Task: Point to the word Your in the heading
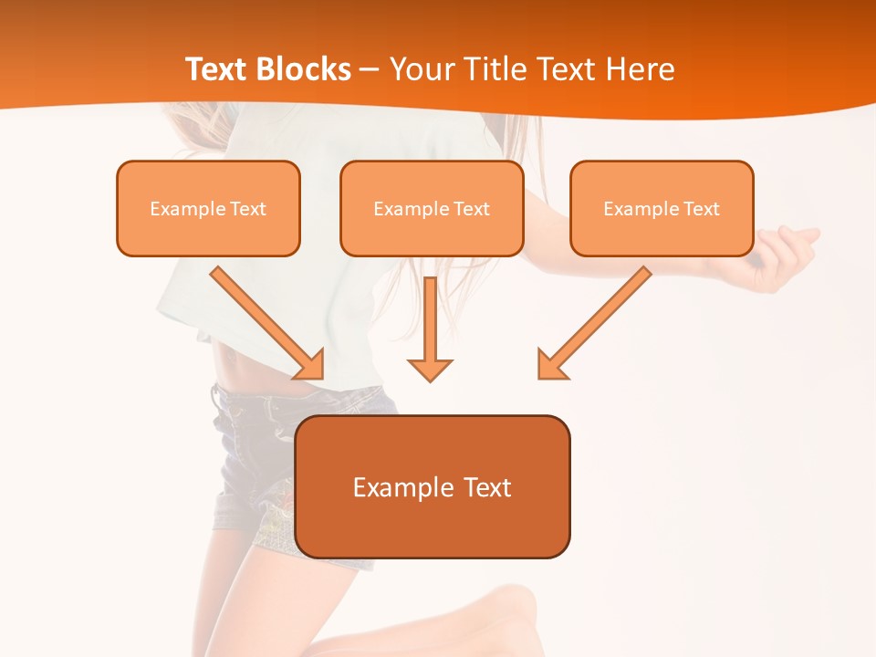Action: pyautogui.click(x=421, y=69)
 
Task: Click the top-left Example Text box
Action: pyautogui.click(x=208, y=208)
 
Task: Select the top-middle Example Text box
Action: pyautogui.click(x=432, y=208)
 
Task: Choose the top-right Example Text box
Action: pyautogui.click(x=662, y=208)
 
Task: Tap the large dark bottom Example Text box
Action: pyautogui.click(x=433, y=486)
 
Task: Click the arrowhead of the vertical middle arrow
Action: pyautogui.click(x=430, y=369)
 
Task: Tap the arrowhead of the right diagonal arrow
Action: pyautogui.click(x=551, y=364)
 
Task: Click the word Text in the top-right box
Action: pyautogui.click(x=702, y=209)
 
